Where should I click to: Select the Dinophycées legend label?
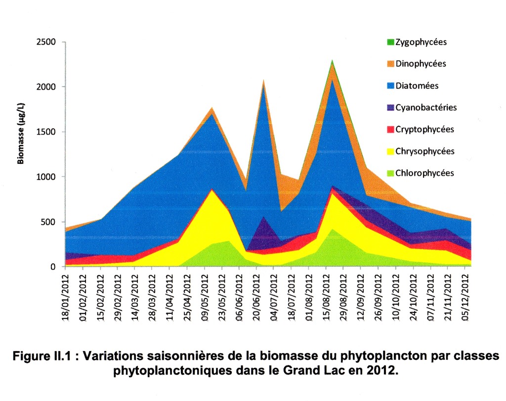pos(421,64)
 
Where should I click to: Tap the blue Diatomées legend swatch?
pos(390,86)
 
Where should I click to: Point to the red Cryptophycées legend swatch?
pos(390,130)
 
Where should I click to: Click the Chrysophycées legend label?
pos(425,151)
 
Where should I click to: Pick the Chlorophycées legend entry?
pos(424,173)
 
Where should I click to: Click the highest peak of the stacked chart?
pos(332,60)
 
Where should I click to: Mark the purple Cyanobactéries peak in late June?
pos(263,217)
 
